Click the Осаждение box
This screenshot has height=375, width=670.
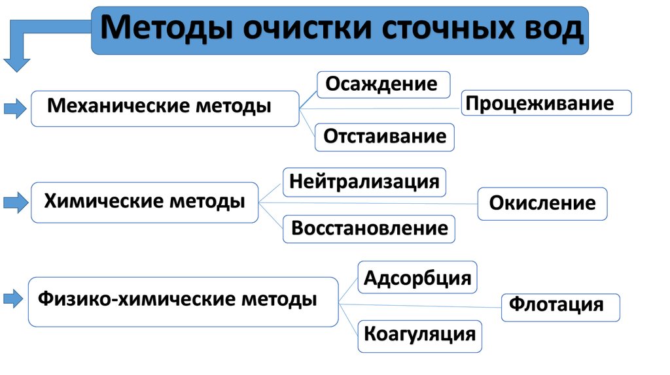pos(383,84)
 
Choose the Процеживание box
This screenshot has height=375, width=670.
pos(546,103)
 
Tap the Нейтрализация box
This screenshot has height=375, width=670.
pos(364,182)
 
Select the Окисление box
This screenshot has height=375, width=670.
pos(542,203)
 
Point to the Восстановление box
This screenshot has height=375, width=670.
pos(369,229)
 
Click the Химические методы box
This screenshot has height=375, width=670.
pos(145,202)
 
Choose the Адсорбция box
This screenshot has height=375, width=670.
pos(417,278)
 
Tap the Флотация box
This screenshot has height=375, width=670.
pos(560,305)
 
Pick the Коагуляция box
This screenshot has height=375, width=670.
pos(419,335)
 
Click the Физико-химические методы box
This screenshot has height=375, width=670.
pos(183,301)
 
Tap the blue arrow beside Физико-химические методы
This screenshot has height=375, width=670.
pos(14,300)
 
